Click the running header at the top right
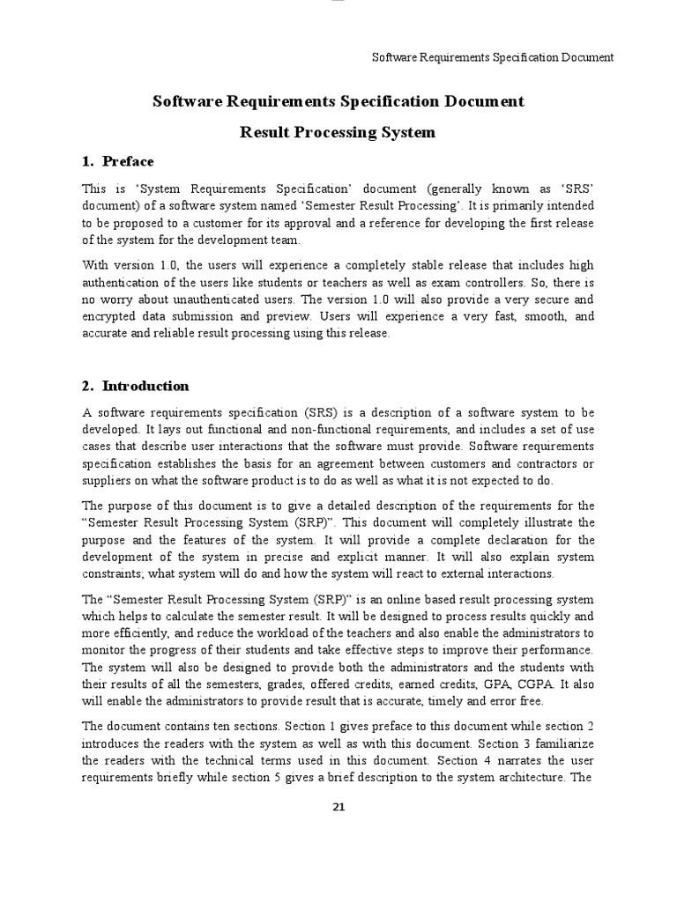[x=493, y=57]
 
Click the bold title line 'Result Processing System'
[x=338, y=133]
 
